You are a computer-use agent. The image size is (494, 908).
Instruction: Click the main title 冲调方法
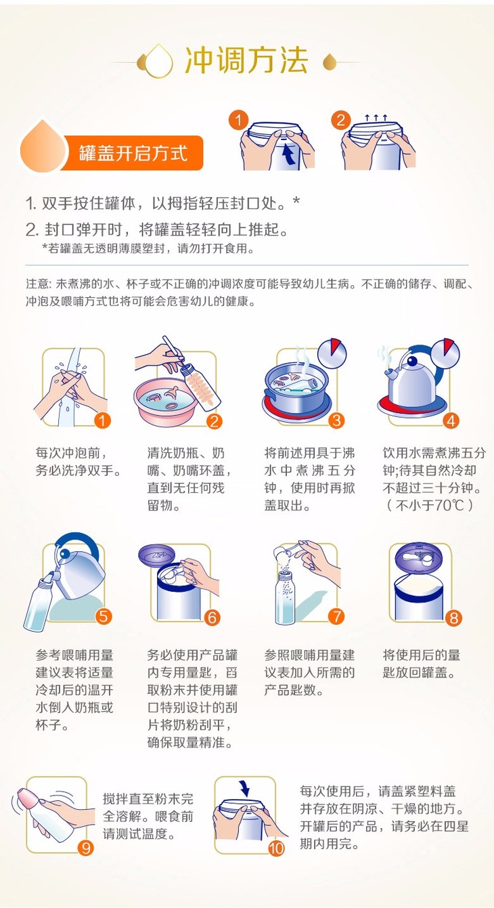tap(246, 61)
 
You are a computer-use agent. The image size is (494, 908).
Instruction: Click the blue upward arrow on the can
tap(288, 154)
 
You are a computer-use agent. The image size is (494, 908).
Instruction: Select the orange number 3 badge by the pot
tap(336, 420)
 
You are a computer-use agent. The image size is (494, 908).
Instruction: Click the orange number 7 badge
tap(336, 617)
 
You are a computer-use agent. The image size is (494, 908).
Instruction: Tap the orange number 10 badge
tap(276, 848)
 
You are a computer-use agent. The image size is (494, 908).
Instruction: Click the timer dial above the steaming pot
tap(332, 353)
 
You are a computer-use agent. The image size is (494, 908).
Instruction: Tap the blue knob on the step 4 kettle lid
tap(412, 360)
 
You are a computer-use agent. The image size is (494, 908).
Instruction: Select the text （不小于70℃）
tap(429, 505)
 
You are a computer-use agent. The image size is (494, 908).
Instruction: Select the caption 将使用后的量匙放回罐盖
tap(422, 664)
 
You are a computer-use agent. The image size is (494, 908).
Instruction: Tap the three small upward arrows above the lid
tap(376, 118)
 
